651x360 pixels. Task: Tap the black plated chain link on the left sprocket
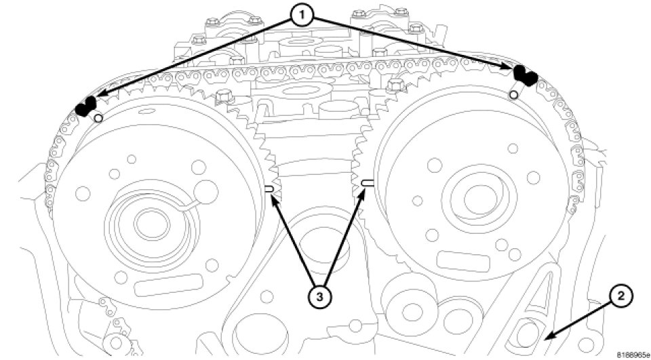click(86, 106)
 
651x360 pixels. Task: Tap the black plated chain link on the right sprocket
click(524, 75)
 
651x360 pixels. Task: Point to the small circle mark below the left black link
click(99, 119)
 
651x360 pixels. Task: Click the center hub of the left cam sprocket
click(144, 221)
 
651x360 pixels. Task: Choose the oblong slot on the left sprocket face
click(157, 285)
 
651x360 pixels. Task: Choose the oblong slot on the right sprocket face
click(459, 259)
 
